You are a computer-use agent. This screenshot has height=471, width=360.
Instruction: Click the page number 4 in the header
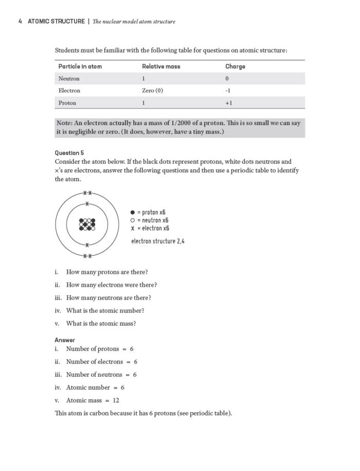click(20, 22)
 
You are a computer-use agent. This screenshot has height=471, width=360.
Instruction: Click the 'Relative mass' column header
click(161, 66)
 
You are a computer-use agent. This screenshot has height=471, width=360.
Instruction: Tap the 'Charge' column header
click(235, 66)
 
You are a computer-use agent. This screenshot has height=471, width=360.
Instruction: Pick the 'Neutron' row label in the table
click(69, 79)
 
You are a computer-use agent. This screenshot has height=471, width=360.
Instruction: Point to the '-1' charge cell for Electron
click(228, 91)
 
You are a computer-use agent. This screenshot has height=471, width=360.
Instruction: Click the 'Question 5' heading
click(69, 153)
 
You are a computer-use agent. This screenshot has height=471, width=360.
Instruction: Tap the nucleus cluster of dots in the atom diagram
click(87, 224)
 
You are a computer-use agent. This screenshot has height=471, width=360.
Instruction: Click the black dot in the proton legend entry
click(133, 212)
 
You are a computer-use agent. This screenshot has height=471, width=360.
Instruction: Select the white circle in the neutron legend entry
click(133, 220)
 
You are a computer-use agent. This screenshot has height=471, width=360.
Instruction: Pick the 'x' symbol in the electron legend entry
click(133, 228)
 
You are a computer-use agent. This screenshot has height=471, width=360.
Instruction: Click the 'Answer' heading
click(65, 340)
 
